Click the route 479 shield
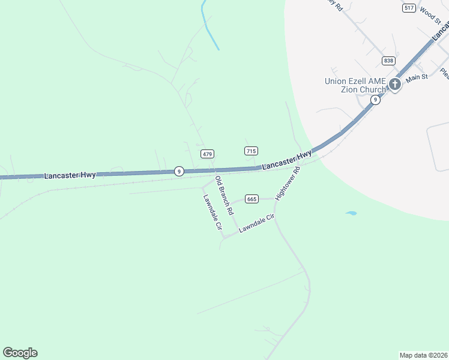(x=208, y=154)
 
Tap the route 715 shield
(x=252, y=151)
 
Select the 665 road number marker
(x=252, y=199)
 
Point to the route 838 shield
(x=388, y=61)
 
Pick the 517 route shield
(x=409, y=8)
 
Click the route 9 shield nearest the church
(x=375, y=100)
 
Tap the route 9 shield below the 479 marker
(x=179, y=171)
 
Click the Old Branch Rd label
(x=224, y=196)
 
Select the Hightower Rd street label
(x=288, y=184)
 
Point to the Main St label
(x=416, y=77)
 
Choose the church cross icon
(x=395, y=84)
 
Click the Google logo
(x=20, y=353)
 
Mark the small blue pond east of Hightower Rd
(x=351, y=213)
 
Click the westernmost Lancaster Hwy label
(x=70, y=175)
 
